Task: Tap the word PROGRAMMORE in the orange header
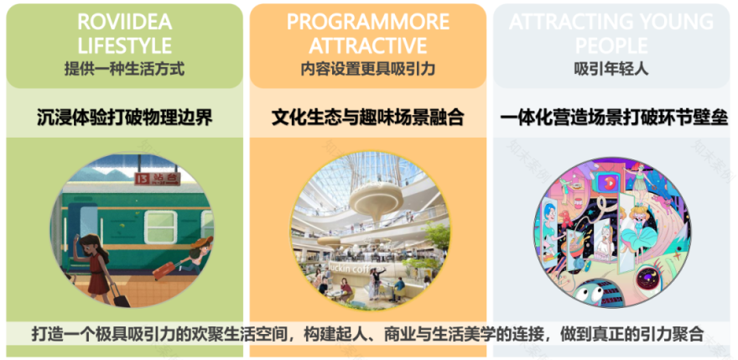(x=367, y=21)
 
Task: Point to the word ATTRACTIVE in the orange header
(x=367, y=44)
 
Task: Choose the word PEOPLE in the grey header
(x=611, y=44)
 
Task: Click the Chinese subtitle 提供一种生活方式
(x=124, y=69)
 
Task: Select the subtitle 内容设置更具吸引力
(x=367, y=69)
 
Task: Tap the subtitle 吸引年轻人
(x=611, y=69)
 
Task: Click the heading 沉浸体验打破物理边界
(x=124, y=117)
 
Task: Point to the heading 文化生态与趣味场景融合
(x=367, y=117)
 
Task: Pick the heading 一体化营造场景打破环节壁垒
(x=613, y=117)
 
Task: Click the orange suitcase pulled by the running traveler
(x=167, y=269)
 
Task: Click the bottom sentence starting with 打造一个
(x=367, y=331)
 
